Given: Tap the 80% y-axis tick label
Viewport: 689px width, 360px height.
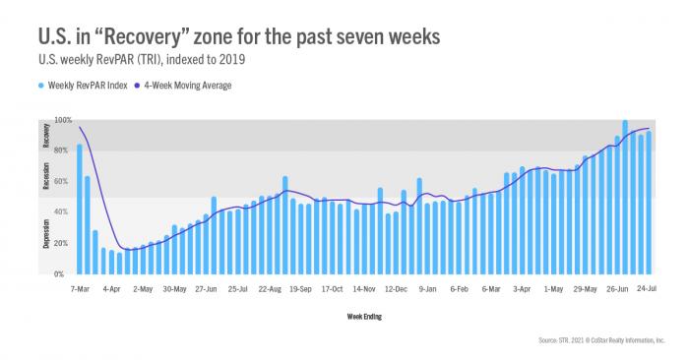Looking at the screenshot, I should pos(63,150).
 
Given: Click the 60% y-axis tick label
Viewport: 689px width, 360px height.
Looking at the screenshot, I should pos(63,182).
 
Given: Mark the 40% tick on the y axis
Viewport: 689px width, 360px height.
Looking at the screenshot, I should pos(63,212).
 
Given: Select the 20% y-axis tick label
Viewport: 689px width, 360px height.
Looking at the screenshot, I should pos(63,243).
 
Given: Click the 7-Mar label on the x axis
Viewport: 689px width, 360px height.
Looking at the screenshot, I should pos(80,290).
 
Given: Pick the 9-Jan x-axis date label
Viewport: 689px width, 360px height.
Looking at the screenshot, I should pos(427,290).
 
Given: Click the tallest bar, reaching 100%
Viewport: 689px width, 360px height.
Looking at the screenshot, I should pos(625,198).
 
